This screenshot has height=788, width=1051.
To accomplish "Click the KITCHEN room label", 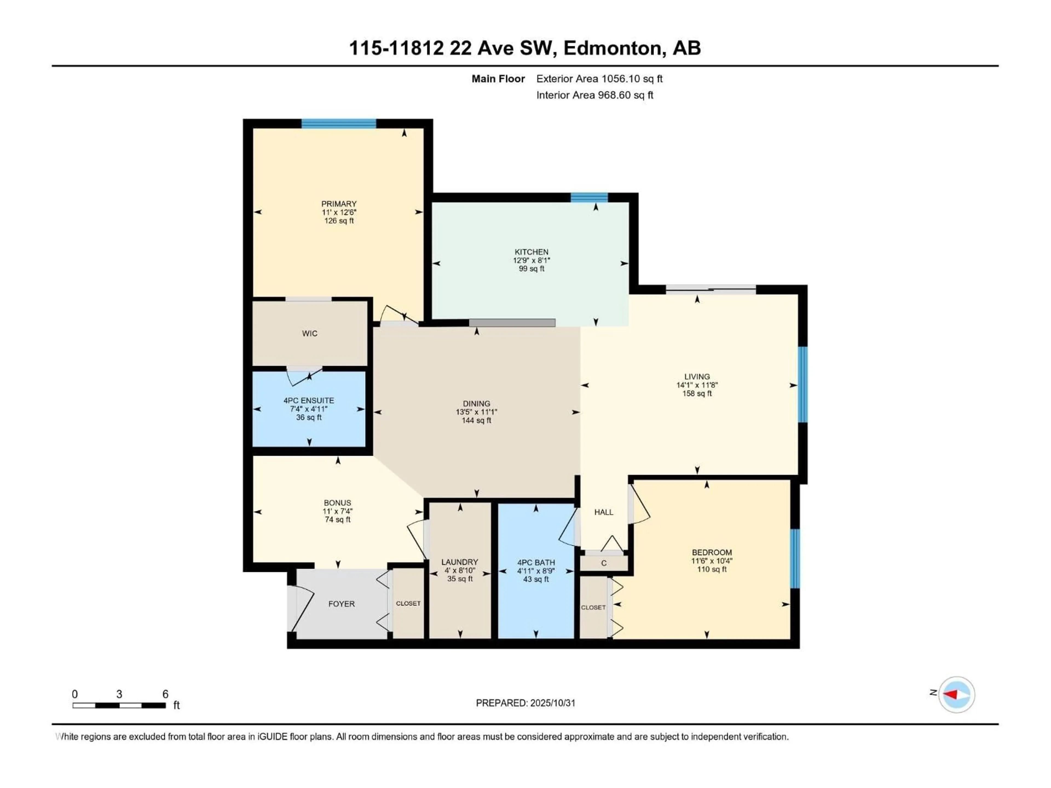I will [531, 252].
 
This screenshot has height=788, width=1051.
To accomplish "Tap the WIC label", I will [309, 334].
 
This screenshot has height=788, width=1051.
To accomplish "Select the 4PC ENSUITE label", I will [308, 400].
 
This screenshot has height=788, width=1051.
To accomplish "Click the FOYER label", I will [341, 604].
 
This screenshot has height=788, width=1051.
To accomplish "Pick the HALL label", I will [604, 512].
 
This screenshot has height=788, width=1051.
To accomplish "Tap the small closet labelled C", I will [604, 563].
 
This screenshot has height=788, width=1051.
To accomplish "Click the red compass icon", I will [956, 694].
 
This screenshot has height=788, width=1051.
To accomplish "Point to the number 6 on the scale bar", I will [165, 694].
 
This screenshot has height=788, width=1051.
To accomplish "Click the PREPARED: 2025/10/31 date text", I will [525, 703].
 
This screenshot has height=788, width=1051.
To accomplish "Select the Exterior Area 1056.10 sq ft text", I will [599, 79].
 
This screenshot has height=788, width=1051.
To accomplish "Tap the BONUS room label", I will [337, 503].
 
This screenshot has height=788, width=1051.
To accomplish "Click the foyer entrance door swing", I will [302, 607].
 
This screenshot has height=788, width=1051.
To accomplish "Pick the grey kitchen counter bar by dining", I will [512, 323].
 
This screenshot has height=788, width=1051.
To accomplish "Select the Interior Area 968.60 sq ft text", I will [594, 95].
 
